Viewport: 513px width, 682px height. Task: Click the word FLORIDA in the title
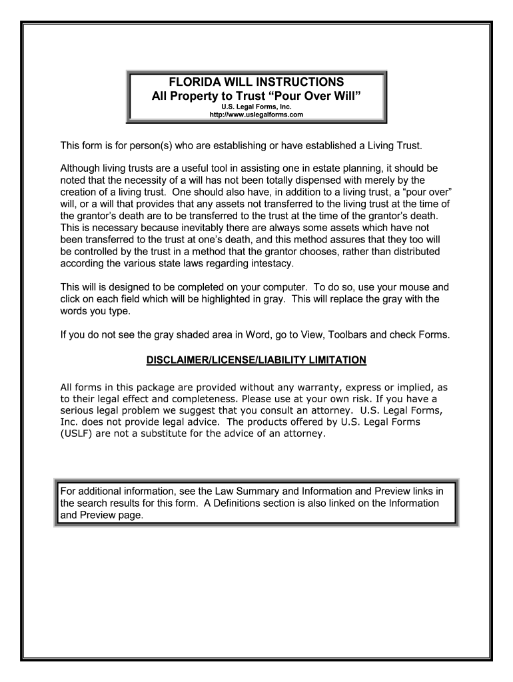(x=193, y=82)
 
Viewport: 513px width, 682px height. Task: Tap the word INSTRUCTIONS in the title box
(x=298, y=82)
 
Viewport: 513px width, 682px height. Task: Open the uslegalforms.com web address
(x=256, y=115)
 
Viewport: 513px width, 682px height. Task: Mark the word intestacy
(x=264, y=263)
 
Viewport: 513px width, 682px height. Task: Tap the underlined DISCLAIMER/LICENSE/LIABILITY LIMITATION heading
(x=256, y=360)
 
